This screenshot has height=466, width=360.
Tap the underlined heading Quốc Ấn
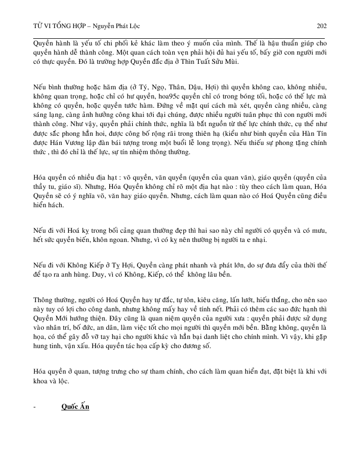pyautogui.click(x=75, y=407)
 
